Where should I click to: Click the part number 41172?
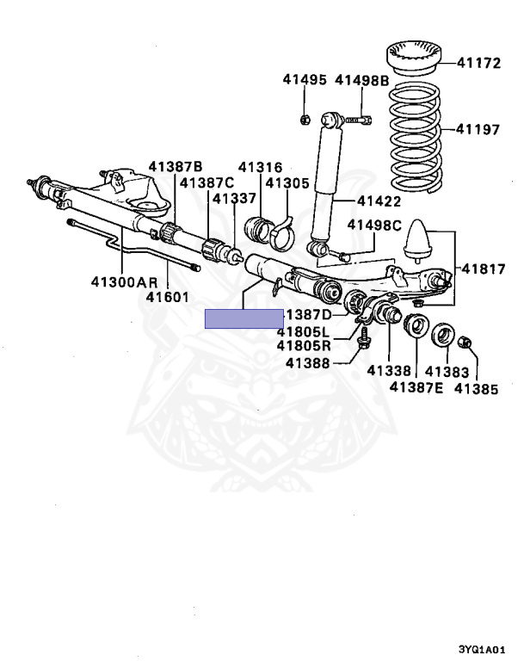pyautogui.click(x=478, y=63)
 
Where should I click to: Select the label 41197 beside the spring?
pyautogui.click(x=478, y=130)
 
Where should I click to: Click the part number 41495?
pyautogui.click(x=305, y=81)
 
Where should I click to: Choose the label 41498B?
pyautogui.click(x=362, y=81)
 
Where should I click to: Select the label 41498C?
pyautogui.click(x=374, y=226)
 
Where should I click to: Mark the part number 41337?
pyautogui.click(x=234, y=199)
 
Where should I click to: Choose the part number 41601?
pyautogui.click(x=167, y=297)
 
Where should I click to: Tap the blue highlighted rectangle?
pyautogui.click(x=244, y=318)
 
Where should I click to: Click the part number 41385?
pyautogui.click(x=476, y=388)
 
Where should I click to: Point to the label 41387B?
pyautogui.click(x=175, y=166)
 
